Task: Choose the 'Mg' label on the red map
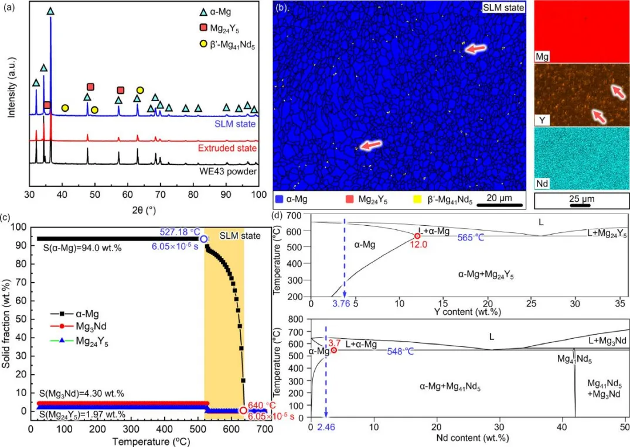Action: [x=542, y=58]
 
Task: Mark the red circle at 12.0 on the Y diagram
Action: [x=417, y=236]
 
